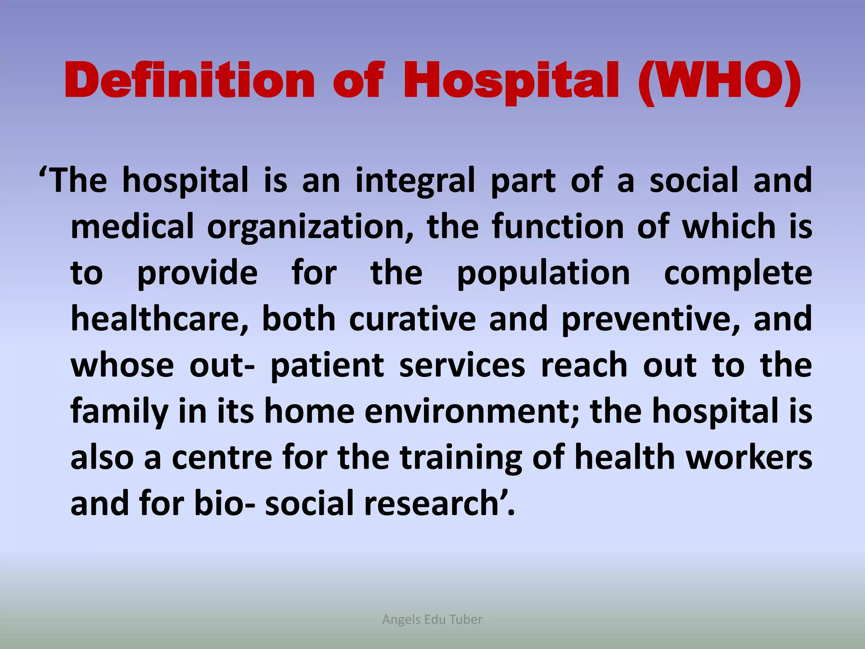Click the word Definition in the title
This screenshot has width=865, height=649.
(x=190, y=80)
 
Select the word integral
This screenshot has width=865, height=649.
(x=416, y=181)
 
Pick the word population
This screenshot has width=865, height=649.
(x=544, y=274)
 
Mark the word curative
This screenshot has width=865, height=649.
(x=412, y=319)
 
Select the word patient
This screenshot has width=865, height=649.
(x=327, y=365)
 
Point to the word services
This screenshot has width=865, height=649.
(x=462, y=365)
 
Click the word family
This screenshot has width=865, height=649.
(x=119, y=412)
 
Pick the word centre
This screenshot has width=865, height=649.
(x=222, y=458)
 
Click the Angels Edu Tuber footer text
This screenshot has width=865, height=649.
(x=432, y=619)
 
